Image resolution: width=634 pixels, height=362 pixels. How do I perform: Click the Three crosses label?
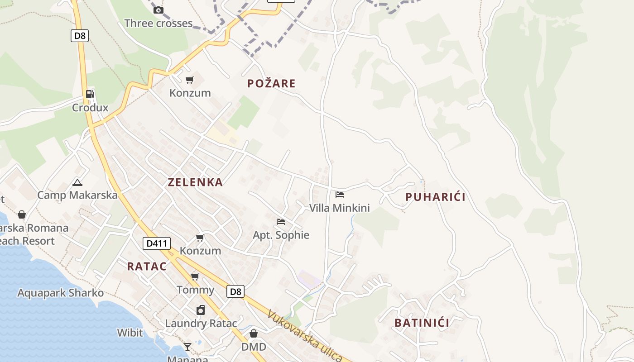click(x=158, y=24)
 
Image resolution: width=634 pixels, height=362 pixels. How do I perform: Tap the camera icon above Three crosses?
click(x=158, y=10)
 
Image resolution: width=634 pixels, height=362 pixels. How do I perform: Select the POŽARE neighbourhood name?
click(x=271, y=83)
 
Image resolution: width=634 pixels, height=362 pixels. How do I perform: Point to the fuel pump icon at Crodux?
click(x=90, y=94)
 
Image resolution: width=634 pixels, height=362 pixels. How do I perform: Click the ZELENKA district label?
click(x=195, y=182)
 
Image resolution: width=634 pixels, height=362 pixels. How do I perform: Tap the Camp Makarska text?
click(x=77, y=195)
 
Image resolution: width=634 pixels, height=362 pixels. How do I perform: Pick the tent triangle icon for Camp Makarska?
click(x=77, y=183)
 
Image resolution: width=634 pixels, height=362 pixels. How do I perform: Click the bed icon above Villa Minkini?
click(x=340, y=195)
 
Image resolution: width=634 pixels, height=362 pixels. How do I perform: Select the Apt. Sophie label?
click(x=281, y=235)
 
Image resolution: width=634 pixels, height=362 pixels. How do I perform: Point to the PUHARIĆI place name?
click(x=435, y=197)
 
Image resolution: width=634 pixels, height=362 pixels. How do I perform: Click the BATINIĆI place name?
click(x=422, y=323)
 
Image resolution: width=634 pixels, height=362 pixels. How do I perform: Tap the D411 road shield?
click(x=157, y=243)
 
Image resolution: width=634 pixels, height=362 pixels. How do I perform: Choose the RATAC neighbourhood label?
click(x=147, y=267)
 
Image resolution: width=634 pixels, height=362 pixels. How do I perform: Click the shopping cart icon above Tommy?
click(x=195, y=276)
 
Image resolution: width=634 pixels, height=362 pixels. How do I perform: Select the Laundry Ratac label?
click(x=201, y=324)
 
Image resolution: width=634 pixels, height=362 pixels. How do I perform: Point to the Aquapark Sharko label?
click(x=60, y=293)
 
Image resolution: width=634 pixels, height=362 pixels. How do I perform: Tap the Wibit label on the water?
click(x=130, y=333)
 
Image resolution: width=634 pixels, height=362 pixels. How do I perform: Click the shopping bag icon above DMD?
click(x=254, y=333)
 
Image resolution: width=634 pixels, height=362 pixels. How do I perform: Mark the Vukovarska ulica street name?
click(x=304, y=335)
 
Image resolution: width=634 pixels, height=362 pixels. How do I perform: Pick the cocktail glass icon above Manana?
click(x=187, y=347)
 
